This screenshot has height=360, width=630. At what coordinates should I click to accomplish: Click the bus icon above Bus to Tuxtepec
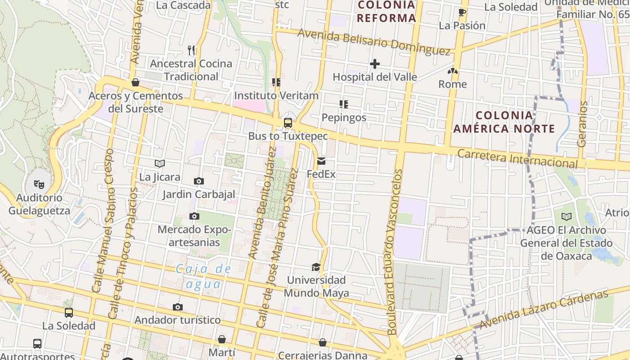click(x=288, y=123)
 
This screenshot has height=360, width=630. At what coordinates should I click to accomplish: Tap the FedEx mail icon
click(x=321, y=161)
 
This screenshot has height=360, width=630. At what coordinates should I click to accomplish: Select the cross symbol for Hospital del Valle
click(x=374, y=64)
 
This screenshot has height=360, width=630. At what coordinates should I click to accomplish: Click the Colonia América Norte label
click(x=504, y=122)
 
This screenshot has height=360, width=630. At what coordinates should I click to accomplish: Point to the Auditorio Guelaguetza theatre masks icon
click(x=40, y=184)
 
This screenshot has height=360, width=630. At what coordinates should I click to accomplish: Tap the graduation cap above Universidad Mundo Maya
click(x=316, y=267)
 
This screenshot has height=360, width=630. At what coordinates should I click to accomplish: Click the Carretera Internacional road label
click(x=517, y=158)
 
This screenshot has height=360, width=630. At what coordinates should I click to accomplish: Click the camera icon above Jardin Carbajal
click(x=198, y=181)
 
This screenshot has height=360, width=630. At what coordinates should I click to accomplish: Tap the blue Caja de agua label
click(x=203, y=276)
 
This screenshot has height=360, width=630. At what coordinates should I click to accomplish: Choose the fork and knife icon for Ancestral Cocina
click(x=192, y=50)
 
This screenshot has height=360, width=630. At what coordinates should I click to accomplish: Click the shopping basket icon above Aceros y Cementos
click(x=135, y=82)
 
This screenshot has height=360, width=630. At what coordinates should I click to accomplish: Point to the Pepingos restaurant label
click(x=344, y=117)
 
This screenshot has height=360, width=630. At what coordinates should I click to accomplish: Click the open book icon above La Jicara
click(x=160, y=164)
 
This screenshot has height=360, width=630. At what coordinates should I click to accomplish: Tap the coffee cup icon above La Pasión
click(x=462, y=12)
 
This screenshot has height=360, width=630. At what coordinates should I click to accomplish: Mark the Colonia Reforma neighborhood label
click(x=387, y=12)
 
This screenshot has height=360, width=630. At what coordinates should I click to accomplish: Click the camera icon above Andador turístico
click(x=178, y=307)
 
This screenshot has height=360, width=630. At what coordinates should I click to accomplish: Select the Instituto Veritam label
click(x=276, y=95)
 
